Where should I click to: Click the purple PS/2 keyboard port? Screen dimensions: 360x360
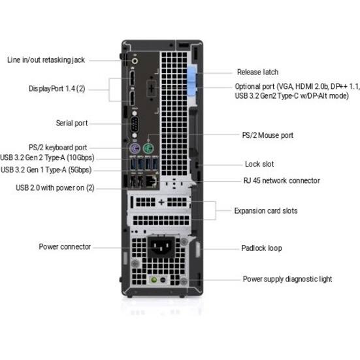point(135,148)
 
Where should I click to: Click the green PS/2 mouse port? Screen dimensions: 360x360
point(148,148)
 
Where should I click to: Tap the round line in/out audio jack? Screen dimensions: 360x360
point(135,61)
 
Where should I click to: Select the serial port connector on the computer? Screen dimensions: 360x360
point(135,124)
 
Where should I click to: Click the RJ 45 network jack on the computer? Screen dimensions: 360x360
point(152,181)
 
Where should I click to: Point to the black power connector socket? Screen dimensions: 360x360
point(161,246)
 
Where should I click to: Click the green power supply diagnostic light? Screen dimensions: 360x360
point(154,280)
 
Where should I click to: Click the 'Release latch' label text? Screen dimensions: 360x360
point(257,72)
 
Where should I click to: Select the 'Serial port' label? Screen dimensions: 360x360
point(72,123)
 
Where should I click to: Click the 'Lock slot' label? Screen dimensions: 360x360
point(259,164)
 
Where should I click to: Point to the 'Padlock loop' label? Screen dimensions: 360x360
point(261,248)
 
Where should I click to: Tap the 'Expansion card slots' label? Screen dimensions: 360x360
point(266,211)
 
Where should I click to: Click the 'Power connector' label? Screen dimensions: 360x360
point(65,247)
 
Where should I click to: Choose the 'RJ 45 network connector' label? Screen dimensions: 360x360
point(282,180)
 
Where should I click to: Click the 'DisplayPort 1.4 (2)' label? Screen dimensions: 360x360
point(57,89)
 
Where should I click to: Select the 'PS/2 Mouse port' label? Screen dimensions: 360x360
point(268,135)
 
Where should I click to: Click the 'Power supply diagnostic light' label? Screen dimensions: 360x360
point(287,279)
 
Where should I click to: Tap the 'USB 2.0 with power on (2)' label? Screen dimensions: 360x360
point(55,188)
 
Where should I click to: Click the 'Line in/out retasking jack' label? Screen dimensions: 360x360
point(46,60)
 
